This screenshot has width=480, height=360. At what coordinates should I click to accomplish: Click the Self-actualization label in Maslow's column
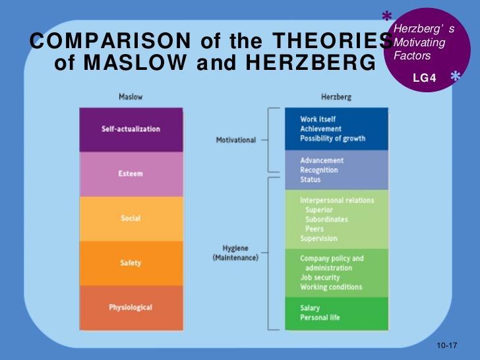click(131, 129)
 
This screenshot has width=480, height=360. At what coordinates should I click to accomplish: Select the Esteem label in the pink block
click(131, 173)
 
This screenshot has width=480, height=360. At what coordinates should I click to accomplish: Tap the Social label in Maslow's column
click(131, 218)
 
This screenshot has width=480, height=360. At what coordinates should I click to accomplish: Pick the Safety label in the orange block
click(131, 263)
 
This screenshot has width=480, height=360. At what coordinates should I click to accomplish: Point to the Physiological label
click(131, 307)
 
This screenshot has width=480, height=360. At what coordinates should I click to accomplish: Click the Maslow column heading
click(131, 97)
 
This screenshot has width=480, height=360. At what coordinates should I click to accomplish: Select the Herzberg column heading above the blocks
click(336, 98)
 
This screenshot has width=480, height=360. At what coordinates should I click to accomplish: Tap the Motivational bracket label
click(236, 140)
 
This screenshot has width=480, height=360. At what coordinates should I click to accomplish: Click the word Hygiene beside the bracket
click(235, 249)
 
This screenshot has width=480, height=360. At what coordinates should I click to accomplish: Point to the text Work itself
click(318, 119)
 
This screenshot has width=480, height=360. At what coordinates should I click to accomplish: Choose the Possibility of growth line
click(333, 138)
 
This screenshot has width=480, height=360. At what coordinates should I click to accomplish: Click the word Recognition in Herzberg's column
click(319, 170)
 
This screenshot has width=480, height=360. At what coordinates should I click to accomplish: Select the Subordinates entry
click(326, 220)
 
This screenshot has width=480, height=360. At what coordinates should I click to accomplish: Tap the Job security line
click(320, 278)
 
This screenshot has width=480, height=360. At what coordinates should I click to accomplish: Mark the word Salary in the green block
click(310, 308)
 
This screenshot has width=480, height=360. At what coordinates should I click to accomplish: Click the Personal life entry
click(320, 317)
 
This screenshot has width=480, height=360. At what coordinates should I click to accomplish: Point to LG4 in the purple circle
click(425, 78)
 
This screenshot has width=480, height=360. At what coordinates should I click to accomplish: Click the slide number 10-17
click(447, 345)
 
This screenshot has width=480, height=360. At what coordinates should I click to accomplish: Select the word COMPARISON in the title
click(110, 41)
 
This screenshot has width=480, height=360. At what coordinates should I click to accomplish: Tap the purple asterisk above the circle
click(387, 16)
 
